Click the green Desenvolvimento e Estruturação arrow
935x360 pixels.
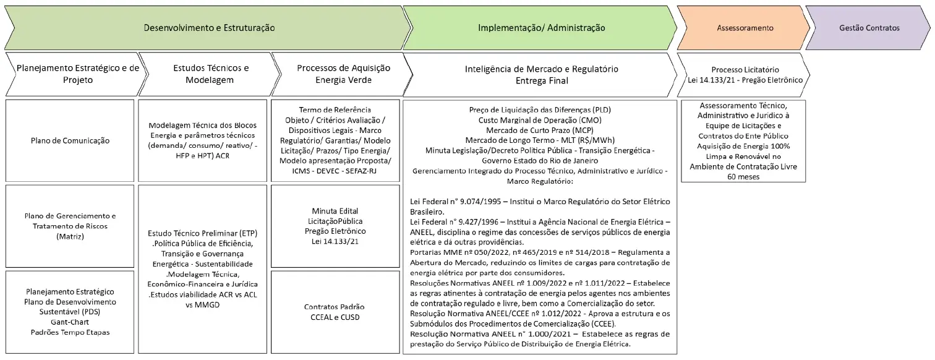coord(209,28)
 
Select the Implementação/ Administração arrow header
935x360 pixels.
coord(541,28)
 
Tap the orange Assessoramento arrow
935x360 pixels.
coord(745,28)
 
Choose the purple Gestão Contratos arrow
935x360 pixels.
coord(869,28)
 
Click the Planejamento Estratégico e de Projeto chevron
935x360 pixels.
coord(77,74)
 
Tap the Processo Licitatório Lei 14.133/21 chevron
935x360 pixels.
coord(745,74)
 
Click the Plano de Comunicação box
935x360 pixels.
coord(70,140)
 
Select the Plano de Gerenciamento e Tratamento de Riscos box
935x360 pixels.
coord(70,226)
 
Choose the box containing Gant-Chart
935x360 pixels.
coord(70,311)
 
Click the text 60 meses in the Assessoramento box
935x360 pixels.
coord(744,176)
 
